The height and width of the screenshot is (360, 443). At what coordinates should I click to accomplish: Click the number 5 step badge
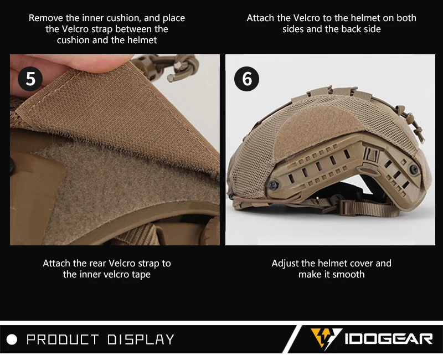click(30, 79)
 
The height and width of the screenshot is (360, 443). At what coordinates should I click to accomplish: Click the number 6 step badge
click(246, 79)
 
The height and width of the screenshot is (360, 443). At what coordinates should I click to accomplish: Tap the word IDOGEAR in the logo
click(389, 339)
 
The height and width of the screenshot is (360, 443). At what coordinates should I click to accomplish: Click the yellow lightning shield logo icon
click(326, 338)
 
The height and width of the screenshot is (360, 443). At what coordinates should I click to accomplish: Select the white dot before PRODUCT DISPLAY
click(12, 340)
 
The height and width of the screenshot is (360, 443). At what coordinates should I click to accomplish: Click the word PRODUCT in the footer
click(63, 340)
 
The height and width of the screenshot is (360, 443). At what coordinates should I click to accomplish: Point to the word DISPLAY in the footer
click(141, 340)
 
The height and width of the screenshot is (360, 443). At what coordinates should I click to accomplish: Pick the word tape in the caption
click(141, 275)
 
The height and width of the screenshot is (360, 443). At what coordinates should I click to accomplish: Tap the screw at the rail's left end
click(274, 185)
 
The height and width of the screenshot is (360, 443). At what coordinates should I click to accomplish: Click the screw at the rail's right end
click(414, 169)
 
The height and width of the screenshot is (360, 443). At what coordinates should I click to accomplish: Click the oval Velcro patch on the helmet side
click(316, 132)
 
